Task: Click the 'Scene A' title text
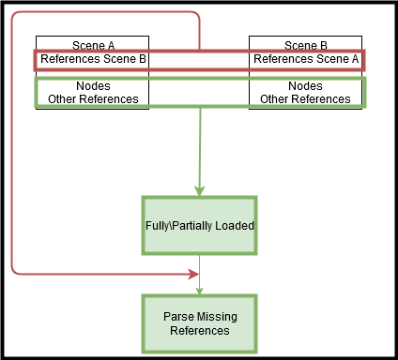(x=93, y=45)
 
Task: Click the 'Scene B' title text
(x=306, y=45)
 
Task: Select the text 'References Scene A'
(x=306, y=59)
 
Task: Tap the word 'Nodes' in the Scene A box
(x=93, y=85)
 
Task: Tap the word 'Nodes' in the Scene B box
(x=306, y=85)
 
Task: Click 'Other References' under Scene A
(x=93, y=98)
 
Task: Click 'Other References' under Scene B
(x=306, y=98)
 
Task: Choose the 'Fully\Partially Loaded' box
(x=199, y=225)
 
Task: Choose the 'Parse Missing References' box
(x=199, y=323)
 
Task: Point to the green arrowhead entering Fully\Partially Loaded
(x=199, y=190)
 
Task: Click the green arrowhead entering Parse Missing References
(x=199, y=290)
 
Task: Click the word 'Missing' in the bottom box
(x=219, y=317)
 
